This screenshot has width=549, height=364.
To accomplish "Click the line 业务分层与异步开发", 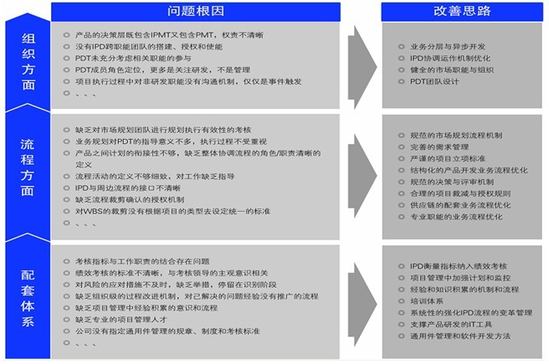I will [449, 46].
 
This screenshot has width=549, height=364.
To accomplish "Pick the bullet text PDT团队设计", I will [437, 81].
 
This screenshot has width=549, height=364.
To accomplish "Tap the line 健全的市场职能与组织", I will [453, 69].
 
